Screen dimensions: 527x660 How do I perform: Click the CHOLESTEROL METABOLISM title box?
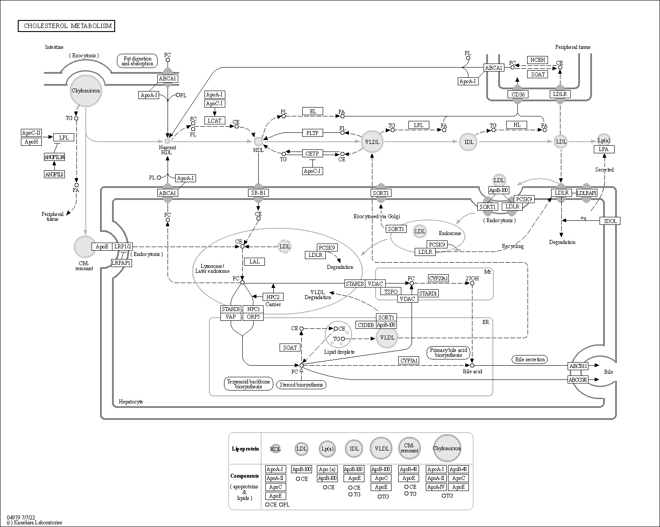66,26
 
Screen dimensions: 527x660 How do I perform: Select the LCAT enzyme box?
215,120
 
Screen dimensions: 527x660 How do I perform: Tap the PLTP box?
312,133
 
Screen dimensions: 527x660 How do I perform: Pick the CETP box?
312,154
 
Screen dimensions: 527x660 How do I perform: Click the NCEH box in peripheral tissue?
538,60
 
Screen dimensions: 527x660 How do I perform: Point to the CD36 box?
517,94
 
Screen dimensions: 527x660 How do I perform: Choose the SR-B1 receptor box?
258,193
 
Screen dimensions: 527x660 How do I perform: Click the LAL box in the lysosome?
254,262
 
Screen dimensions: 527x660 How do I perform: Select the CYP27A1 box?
438,278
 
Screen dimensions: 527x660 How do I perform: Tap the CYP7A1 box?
408,360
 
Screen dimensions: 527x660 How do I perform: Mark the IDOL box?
610,221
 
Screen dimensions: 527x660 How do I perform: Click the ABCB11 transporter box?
578,366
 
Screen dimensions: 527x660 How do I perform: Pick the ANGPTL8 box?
54,174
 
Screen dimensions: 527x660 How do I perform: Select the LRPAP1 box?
121,263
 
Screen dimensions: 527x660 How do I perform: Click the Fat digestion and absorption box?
137,61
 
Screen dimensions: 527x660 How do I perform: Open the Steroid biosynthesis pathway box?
301,385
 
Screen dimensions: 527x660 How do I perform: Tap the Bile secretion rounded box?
529,359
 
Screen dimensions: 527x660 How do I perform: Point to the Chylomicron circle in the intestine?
86,91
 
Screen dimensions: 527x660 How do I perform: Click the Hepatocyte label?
131,402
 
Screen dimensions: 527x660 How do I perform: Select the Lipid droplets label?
339,352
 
